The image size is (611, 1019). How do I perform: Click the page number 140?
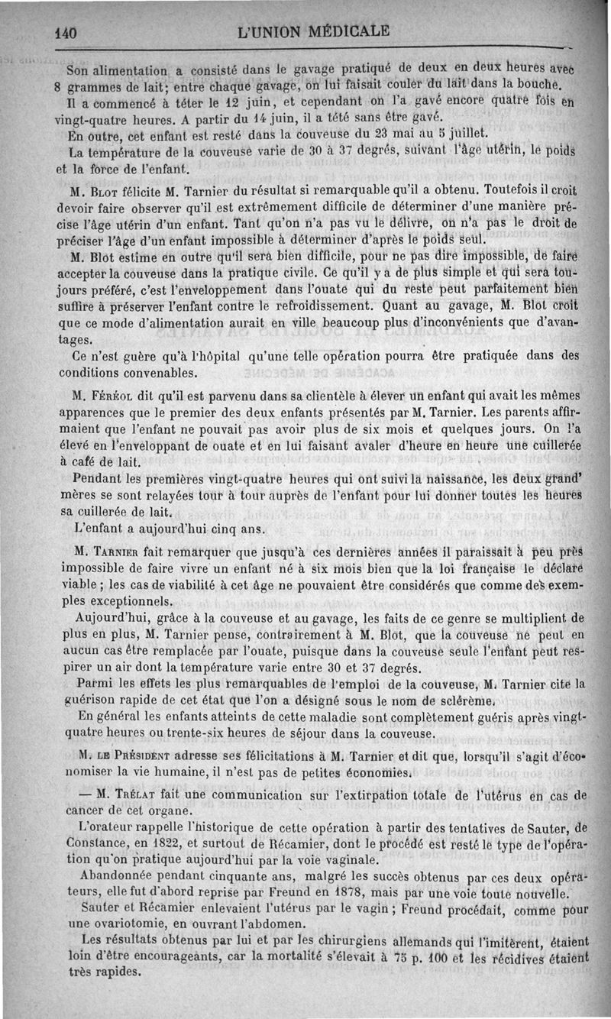[67, 33]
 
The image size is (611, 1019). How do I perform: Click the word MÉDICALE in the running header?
[344, 31]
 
